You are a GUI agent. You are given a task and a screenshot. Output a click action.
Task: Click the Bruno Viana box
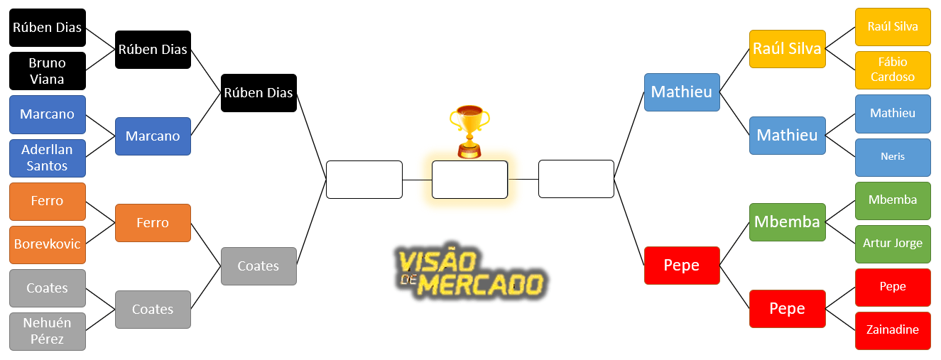coord(48,71)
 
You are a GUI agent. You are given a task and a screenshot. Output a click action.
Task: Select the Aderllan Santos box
coord(48,158)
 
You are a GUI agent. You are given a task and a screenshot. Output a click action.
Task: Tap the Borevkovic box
coord(48,244)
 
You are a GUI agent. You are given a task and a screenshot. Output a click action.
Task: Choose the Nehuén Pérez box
coord(48,331)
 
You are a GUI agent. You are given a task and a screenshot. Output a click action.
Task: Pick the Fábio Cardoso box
coord(893,70)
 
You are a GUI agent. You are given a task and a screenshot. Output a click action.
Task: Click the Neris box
coord(893,157)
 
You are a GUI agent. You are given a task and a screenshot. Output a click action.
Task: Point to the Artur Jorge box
coord(893,244)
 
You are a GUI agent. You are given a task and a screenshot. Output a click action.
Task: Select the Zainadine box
coord(893,330)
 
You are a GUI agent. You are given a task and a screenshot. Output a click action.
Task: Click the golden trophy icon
coord(469,132)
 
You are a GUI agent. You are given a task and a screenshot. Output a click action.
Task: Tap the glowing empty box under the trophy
coord(469,180)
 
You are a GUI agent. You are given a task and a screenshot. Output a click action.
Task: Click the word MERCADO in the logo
coord(482,285)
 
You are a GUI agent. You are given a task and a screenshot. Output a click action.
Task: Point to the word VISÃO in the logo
coord(437,260)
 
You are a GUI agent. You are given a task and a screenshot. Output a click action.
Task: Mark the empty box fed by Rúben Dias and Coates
coord(364,180)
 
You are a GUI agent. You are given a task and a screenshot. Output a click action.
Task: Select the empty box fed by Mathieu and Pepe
coord(577,179)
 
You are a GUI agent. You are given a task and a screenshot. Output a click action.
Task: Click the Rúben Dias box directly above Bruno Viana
coord(48,28)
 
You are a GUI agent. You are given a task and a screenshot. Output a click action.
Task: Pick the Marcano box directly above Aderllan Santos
coord(48,114)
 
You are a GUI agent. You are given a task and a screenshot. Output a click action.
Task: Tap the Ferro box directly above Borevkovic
coord(48,201)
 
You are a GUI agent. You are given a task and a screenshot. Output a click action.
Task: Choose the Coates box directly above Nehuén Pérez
coord(48,288)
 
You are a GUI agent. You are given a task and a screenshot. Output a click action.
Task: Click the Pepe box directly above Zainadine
coord(893,287)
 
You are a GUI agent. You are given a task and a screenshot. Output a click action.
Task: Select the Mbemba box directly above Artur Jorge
coord(893,200)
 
